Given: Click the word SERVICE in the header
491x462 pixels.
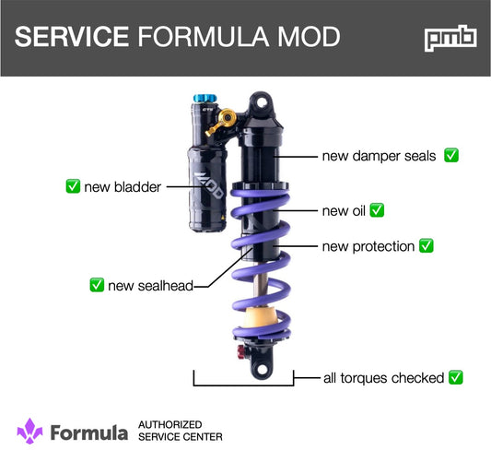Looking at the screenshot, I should click(x=71, y=37).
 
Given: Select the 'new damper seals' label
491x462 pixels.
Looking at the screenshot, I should click(x=379, y=156).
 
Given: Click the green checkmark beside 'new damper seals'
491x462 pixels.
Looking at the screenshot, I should click(x=451, y=155).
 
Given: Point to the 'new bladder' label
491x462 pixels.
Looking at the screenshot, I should click(x=123, y=187).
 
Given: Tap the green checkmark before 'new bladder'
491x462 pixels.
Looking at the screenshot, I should click(x=73, y=187).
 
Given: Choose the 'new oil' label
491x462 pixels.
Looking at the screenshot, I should click(x=343, y=210).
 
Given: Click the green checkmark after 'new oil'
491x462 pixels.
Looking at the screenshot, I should click(x=376, y=210).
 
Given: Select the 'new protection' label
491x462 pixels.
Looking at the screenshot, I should click(x=368, y=246).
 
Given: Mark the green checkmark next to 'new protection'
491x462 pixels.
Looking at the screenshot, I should click(x=426, y=246).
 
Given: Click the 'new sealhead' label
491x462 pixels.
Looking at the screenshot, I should click(x=150, y=285).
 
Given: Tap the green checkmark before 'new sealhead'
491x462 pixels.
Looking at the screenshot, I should click(x=96, y=285).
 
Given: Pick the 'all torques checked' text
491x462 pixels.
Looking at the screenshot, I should click(x=383, y=377).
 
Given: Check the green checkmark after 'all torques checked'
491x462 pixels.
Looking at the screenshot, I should click(x=454, y=377).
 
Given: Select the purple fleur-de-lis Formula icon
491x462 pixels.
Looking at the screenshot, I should click(x=29, y=431).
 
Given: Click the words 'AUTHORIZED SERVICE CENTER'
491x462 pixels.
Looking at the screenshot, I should click(x=180, y=431).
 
